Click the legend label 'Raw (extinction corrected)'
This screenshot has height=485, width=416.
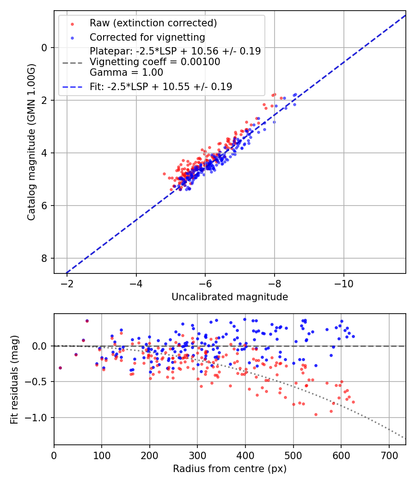click(153, 23)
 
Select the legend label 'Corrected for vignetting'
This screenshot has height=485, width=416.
click(147, 37)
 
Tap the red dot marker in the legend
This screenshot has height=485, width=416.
click(72, 24)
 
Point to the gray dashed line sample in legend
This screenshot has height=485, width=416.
click(72, 62)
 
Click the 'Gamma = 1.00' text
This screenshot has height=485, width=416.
click(126, 72)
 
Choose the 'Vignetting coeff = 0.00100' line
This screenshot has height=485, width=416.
click(155, 62)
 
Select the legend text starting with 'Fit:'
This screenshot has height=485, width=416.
click(161, 86)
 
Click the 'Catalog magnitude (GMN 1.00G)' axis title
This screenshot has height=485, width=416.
click(31, 142)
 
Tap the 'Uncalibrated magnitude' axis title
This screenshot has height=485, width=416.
click(230, 297)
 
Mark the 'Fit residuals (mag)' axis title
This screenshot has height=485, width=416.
click(14, 379)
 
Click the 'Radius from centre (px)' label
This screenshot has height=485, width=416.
click(230, 469)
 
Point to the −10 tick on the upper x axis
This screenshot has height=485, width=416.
click(343, 282)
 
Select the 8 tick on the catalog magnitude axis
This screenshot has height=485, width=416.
click(44, 258)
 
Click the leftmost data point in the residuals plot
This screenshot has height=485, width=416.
click(60, 368)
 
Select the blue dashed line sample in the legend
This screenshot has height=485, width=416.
click(72, 86)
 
